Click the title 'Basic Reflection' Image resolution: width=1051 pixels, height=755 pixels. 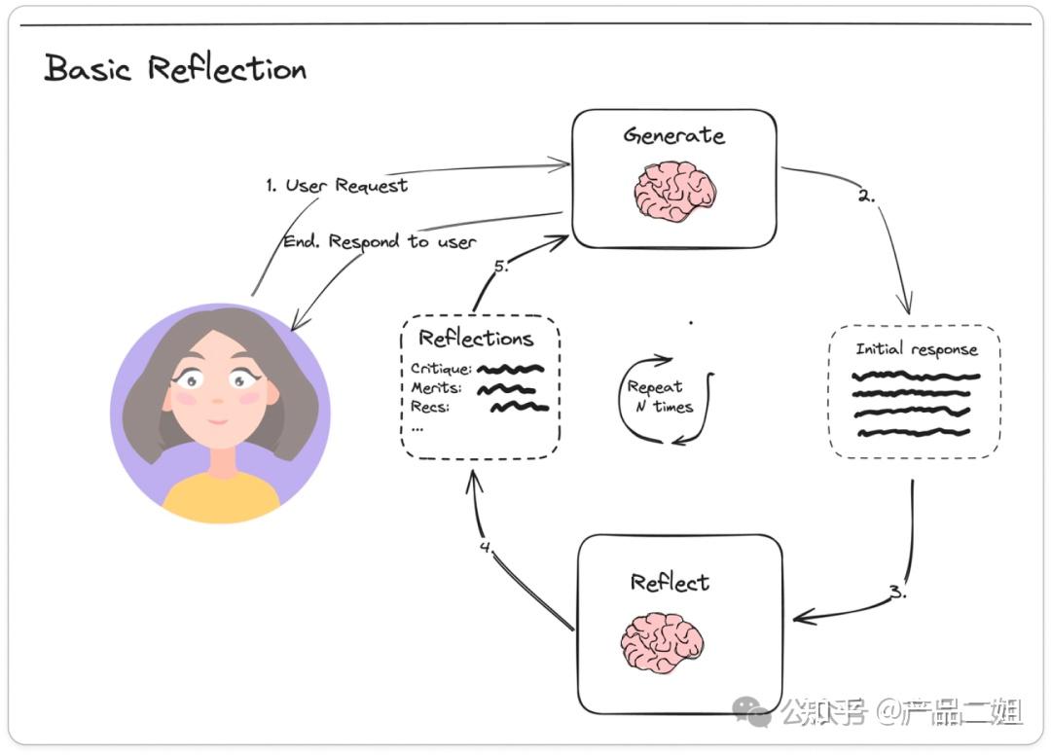click(175, 69)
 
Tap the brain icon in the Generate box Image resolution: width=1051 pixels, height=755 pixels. click(674, 191)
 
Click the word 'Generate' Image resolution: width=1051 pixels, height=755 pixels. click(673, 135)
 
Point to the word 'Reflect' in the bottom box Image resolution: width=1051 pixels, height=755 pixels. click(670, 583)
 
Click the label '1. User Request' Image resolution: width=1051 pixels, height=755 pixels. click(337, 185)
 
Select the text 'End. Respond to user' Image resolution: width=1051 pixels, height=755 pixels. click(379, 241)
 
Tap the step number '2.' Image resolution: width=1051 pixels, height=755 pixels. click(866, 196)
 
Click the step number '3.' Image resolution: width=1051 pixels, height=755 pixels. click(897, 592)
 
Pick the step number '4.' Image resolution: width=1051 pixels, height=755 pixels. click(487, 547)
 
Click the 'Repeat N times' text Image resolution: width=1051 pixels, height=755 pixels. click(659, 397)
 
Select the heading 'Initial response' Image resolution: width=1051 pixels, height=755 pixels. click(916, 348)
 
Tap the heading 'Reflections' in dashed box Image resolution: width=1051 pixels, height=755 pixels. click(476, 339)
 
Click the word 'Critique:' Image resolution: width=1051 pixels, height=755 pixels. click(441, 369)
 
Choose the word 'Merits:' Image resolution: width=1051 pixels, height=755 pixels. click(436, 388)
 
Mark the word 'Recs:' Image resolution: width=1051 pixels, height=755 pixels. click(429, 407)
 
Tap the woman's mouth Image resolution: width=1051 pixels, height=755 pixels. click(217, 421)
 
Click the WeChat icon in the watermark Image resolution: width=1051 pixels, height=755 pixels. click(751, 712)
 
